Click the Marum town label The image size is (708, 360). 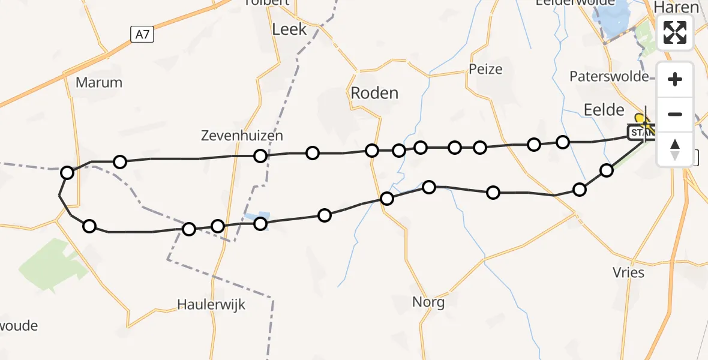pos(99,83)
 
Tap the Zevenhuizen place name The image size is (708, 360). pos(242,136)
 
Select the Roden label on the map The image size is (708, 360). pos(374,93)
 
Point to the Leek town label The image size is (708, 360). pos(289,29)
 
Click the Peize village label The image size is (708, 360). pos(485,69)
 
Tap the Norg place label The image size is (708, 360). pos(428,302)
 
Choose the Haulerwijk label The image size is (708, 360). pos(211,305)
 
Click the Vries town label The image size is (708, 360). pos(629,272)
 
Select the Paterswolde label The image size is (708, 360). pos(609,77)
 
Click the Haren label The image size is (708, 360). pos(677,7)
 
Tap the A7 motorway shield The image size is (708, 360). pos(142,35)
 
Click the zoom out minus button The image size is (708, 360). pos(675,114)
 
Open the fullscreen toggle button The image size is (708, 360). pos(675,32)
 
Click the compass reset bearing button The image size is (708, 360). pos(675,149)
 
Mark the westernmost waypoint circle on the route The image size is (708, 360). pos(67,173)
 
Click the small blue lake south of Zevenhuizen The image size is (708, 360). pos(257,217)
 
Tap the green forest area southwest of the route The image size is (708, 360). pos(53,264)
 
